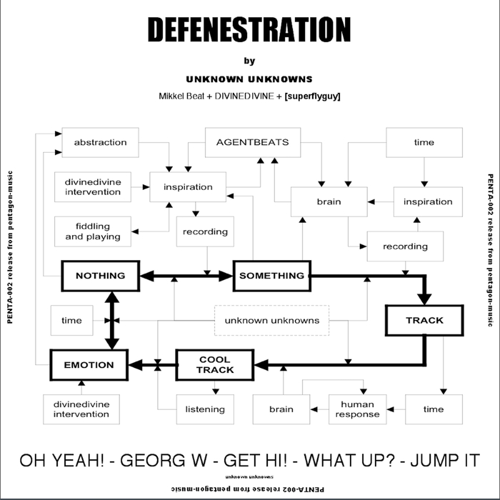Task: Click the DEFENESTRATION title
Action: [x=249, y=30]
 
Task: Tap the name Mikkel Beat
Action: [x=185, y=96]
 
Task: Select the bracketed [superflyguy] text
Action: [x=311, y=96]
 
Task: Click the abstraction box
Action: [x=100, y=142]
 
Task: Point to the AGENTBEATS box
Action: [x=252, y=142]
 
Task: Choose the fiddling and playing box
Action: [x=93, y=231]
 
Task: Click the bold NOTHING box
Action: [x=100, y=276]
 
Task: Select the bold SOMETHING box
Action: [x=271, y=276]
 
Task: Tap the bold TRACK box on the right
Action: [x=424, y=320]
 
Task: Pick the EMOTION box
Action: [x=89, y=365]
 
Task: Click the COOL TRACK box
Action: [x=215, y=365]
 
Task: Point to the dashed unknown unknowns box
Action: [x=271, y=321]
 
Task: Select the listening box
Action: [x=205, y=409]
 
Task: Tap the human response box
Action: [x=357, y=409]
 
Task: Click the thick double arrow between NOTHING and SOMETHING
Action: [x=186, y=276]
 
